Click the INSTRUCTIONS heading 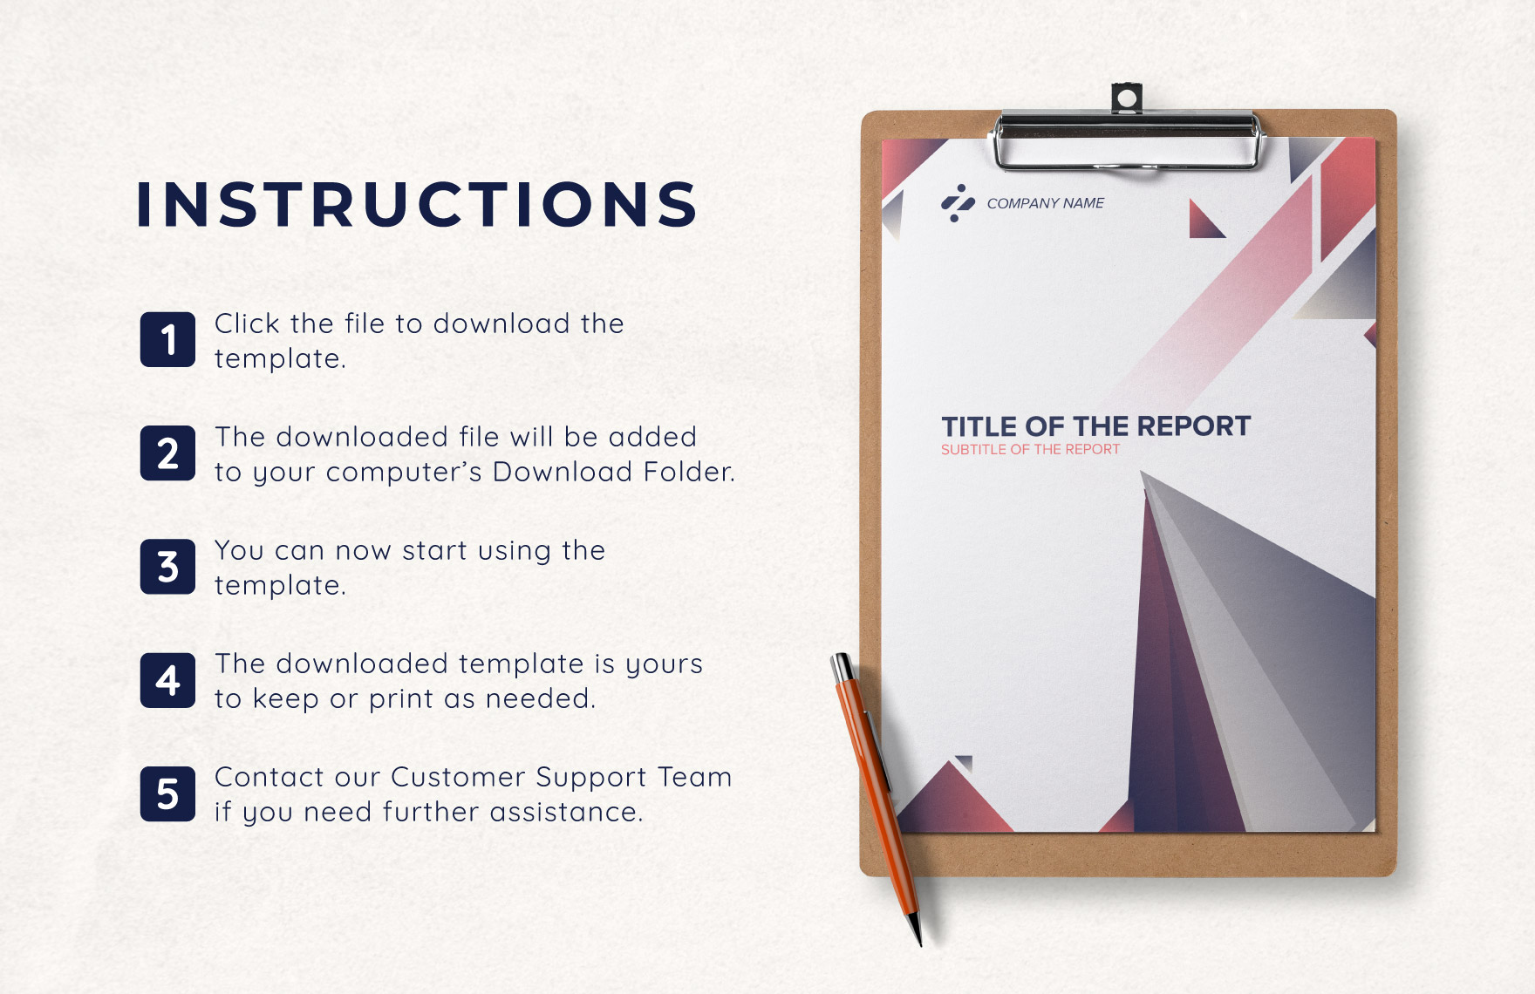[417, 205]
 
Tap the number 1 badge [167, 339]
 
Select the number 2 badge [167, 453]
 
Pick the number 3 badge [167, 567]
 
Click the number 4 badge [167, 680]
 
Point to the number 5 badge [167, 794]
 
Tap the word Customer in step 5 [457, 777]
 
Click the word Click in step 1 [247, 323]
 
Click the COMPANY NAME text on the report [1045, 203]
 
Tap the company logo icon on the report [958, 203]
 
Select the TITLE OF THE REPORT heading [1095, 426]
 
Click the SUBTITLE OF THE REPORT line [1030, 450]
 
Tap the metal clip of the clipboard [1127, 140]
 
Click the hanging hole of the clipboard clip [1126, 97]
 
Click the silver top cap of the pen [843, 668]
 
